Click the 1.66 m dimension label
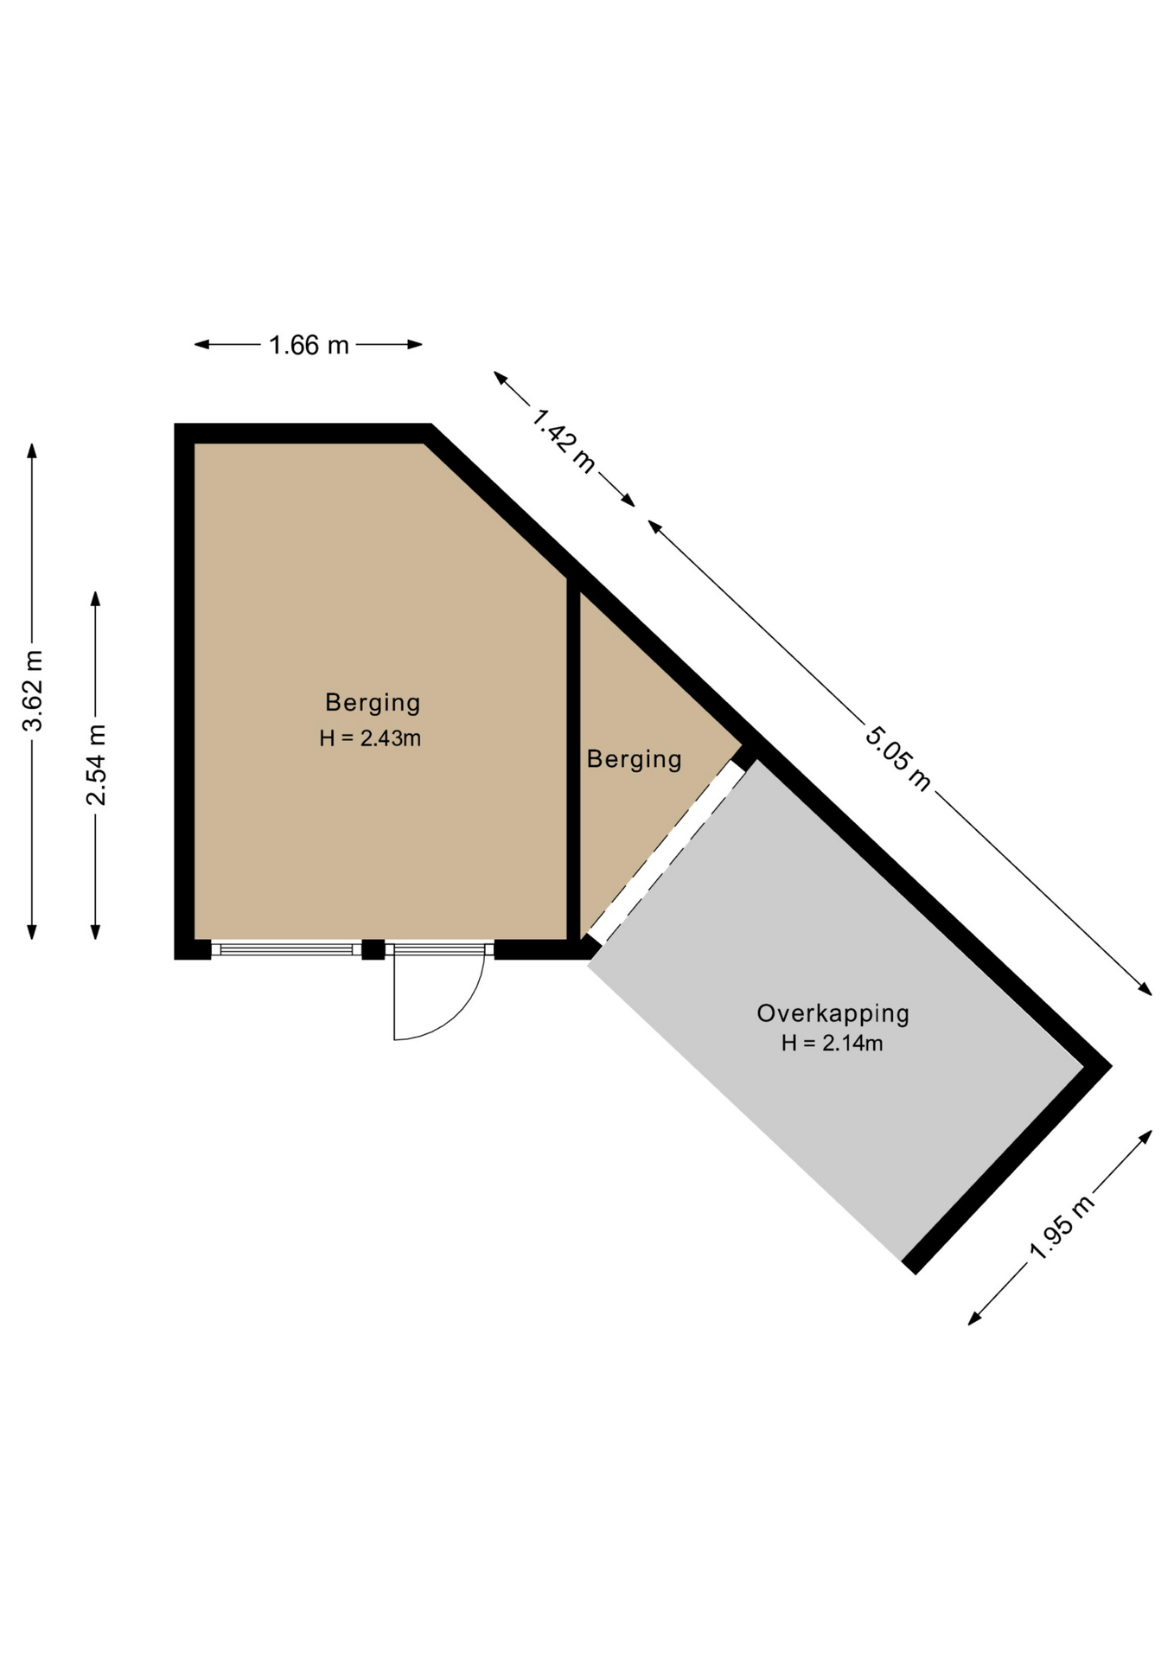(x=309, y=345)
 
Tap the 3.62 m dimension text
(x=33, y=690)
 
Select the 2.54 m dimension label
(x=96, y=764)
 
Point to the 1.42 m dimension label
(x=564, y=440)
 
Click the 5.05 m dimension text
(x=898, y=759)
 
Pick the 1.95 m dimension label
(x=1062, y=1227)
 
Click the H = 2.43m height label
(x=370, y=738)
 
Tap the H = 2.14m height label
(x=833, y=1044)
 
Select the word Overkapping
(x=833, y=1013)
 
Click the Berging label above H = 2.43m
(x=373, y=703)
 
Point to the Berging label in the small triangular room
(x=635, y=759)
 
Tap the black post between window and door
(x=373, y=949)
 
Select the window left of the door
(x=286, y=949)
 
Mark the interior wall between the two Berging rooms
(x=573, y=759)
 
